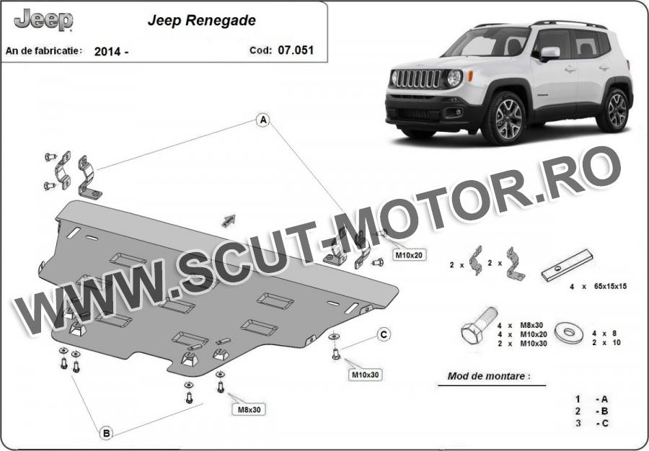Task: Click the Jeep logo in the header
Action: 43,20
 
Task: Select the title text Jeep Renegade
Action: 202,21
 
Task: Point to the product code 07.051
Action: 296,50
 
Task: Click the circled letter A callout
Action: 262,120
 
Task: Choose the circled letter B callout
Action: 107,433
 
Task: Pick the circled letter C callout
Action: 384,334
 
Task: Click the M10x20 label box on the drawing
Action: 409,255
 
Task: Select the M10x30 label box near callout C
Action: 365,375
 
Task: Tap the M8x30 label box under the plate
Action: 249,410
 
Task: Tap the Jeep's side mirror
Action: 549,53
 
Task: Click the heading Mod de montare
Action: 488,377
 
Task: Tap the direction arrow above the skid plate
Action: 229,220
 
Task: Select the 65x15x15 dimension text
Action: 611,286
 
